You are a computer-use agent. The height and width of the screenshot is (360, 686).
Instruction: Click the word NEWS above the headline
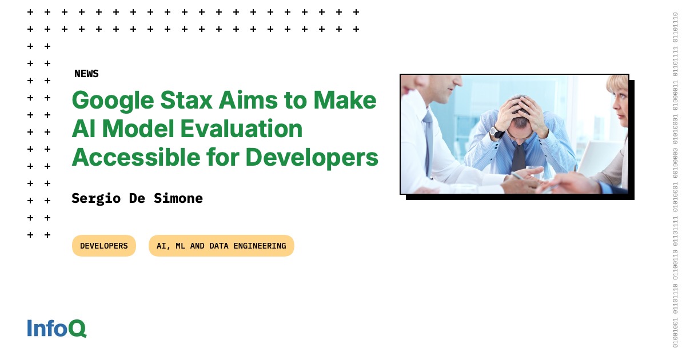(x=86, y=74)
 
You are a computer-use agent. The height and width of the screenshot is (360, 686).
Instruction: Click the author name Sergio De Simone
(x=137, y=198)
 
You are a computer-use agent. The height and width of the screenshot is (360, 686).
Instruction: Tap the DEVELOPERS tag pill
(x=104, y=246)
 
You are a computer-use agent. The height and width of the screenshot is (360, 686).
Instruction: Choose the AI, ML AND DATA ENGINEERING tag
(x=221, y=246)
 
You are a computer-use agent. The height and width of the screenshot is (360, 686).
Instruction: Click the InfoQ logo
(x=57, y=328)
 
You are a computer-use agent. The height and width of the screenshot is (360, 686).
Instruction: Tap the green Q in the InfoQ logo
(x=77, y=329)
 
